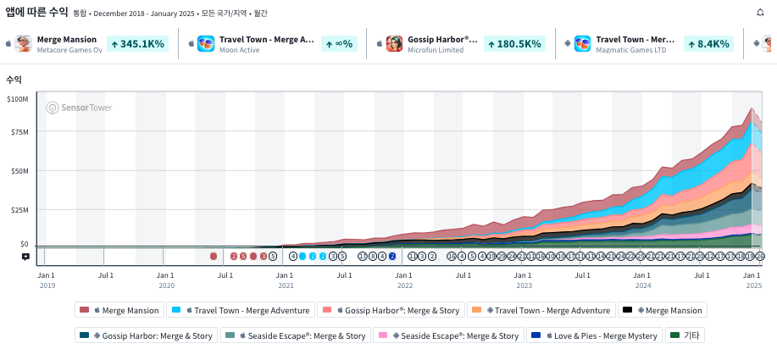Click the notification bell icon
(x=760, y=12)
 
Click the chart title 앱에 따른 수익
(x=36, y=12)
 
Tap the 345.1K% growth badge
(x=138, y=43)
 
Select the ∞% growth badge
(x=338, y=43)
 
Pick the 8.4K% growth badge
(x=708, y=43)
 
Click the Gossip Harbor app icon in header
(x=394, y=43)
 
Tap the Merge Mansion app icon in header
(x=24, y=43)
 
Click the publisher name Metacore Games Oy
(x=69, y=50)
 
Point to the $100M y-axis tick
(x=17, y=99)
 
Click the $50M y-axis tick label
(x=19, y=171)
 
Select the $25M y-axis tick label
(x=19, y=209)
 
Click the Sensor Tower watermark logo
(x=79, y=108)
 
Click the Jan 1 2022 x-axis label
(x=404, y=279)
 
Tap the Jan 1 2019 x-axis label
(x=46, y=279)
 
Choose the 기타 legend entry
(x=685, y=335)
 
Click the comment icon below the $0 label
(x=25, y=256)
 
